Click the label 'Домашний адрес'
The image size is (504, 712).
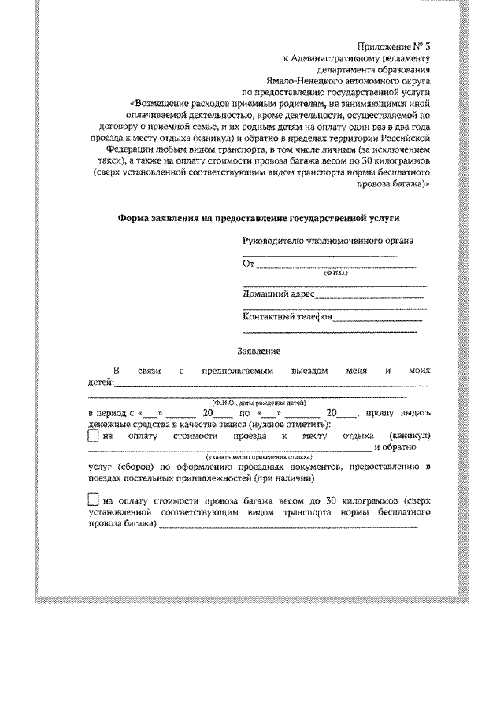pyautogui.click(x=279, y=294)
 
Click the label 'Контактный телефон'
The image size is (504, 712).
pyautogui.click(x=288, y=318)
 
